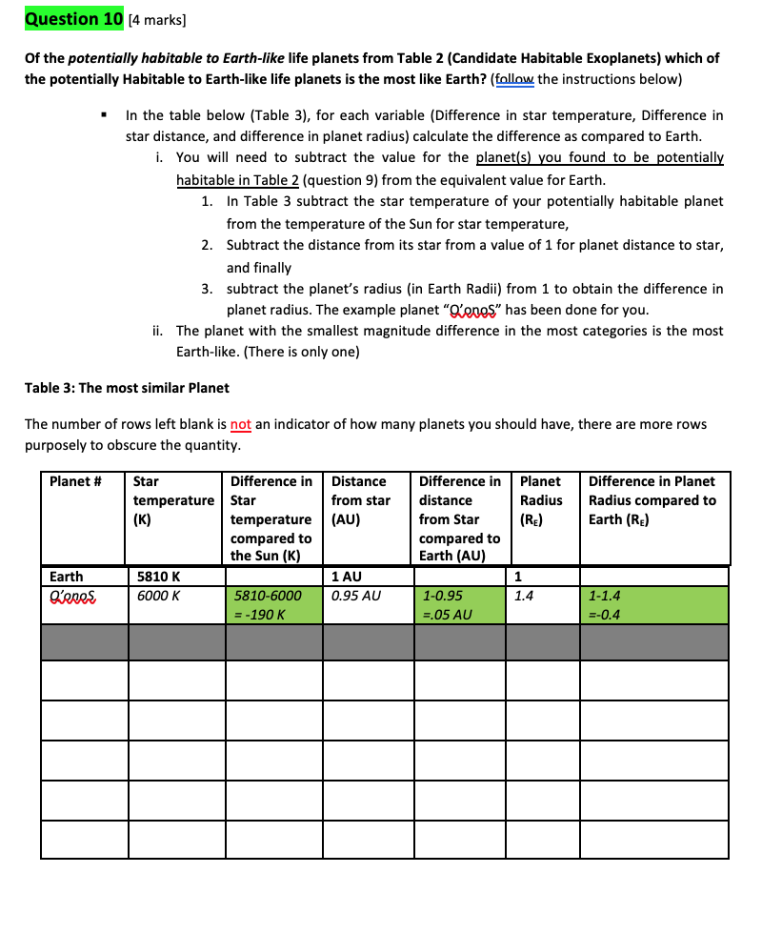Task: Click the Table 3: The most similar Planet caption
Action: point(127,388)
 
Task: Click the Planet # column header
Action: point(75,481)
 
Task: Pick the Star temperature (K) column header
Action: point(173,500)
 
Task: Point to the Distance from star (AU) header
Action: point(360,500)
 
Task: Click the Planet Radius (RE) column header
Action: point(540,500)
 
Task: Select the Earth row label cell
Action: point(66,577)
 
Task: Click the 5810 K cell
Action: point(153,577)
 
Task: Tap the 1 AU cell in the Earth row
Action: point(344,577)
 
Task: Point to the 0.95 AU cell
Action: point(355,596)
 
